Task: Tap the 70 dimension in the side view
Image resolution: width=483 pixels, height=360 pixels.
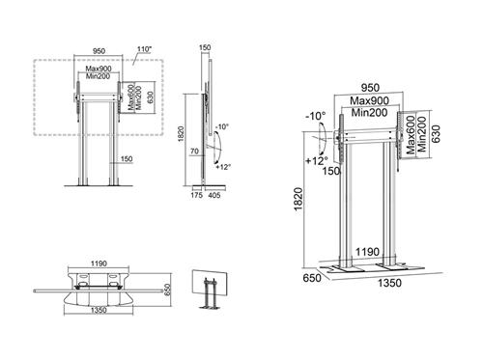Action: click(193, 152)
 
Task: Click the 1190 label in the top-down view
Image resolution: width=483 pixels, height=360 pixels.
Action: click(95, 262)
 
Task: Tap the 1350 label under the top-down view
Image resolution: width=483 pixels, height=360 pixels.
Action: click(95, 313)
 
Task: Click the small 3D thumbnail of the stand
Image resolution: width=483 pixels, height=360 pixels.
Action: click(211, 287)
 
